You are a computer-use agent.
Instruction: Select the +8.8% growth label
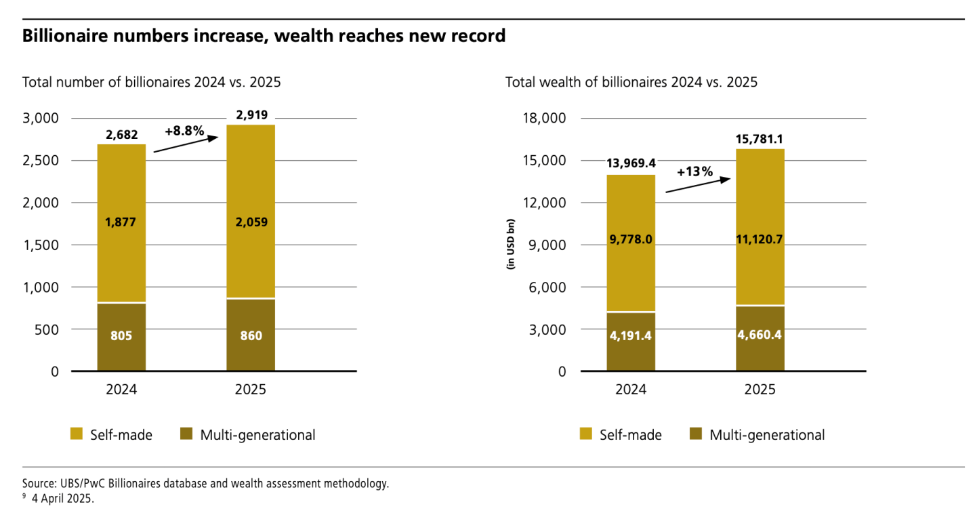(184, 130)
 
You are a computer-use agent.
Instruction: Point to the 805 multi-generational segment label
(121, 335)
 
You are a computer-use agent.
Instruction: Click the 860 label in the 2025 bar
(250, 335)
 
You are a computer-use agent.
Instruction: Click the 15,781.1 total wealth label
(760, 140)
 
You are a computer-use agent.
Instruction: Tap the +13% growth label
(694, 171)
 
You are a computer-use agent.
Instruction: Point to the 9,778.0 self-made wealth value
(631, 238)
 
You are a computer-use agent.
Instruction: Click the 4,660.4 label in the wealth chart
(760, 335)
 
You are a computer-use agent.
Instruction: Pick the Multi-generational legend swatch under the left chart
(186, 434)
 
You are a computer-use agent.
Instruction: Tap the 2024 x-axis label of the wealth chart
(631, 390)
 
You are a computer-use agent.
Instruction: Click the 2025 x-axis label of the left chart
(250, 390)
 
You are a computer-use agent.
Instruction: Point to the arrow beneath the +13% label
(698, 186)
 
